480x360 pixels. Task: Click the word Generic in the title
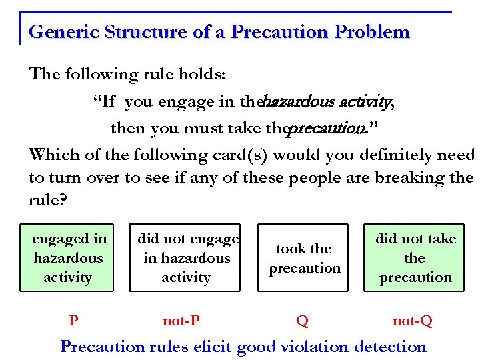click(x=59, y=32)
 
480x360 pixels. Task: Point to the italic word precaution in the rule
click(x=326, y=127)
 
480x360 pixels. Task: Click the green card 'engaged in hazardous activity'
click(x=68, y=258)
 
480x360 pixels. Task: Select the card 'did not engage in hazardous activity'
click(x=185, y=258)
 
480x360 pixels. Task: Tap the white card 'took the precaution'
click(x=304, y=258)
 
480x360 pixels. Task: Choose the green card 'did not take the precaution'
click(x=415, y=258)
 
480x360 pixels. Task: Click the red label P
click(x=74, y=321)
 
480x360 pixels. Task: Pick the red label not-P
click(x=181, y=321)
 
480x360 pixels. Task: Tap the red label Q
click(x=302, y=321)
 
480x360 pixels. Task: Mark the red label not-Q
click(x=413, y=321)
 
